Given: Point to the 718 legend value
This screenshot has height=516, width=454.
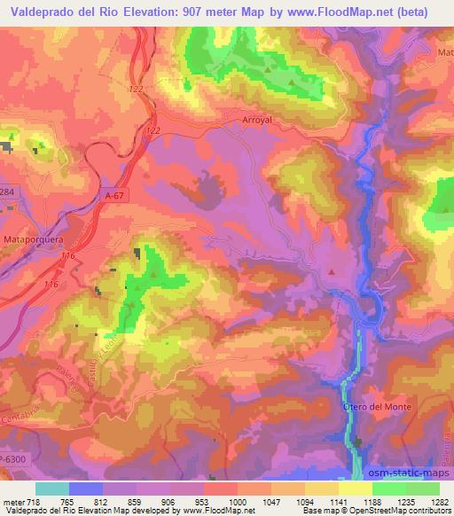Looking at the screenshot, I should tap(34, 501).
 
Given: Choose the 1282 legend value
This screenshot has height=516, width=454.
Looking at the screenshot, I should tap(438, 501).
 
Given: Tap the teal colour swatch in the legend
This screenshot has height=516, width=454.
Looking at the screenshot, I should tap(52, 489).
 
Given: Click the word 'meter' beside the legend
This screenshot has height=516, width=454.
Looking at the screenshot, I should tap(12, 501).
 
